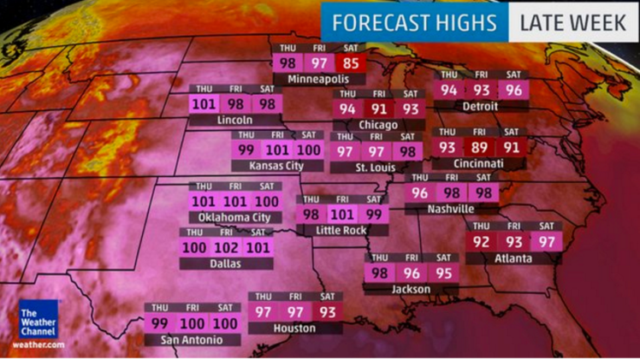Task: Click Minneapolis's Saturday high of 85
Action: (x=347, y=64)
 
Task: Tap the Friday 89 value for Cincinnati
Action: (x=479, y=146)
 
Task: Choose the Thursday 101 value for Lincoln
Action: (x=204, y=103)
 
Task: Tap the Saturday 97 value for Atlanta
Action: (x=548, y=241)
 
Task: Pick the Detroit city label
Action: (x=479, y=105)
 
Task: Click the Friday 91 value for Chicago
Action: (x=378, y=109)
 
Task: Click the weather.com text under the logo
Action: (x=39, y=345)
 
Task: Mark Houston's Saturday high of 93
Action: (x=328, y=312)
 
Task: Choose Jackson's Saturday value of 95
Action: (x=443, y=273)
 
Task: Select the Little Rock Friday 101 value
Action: (x=342, y=214)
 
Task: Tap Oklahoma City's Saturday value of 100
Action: (x=267, y=202)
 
